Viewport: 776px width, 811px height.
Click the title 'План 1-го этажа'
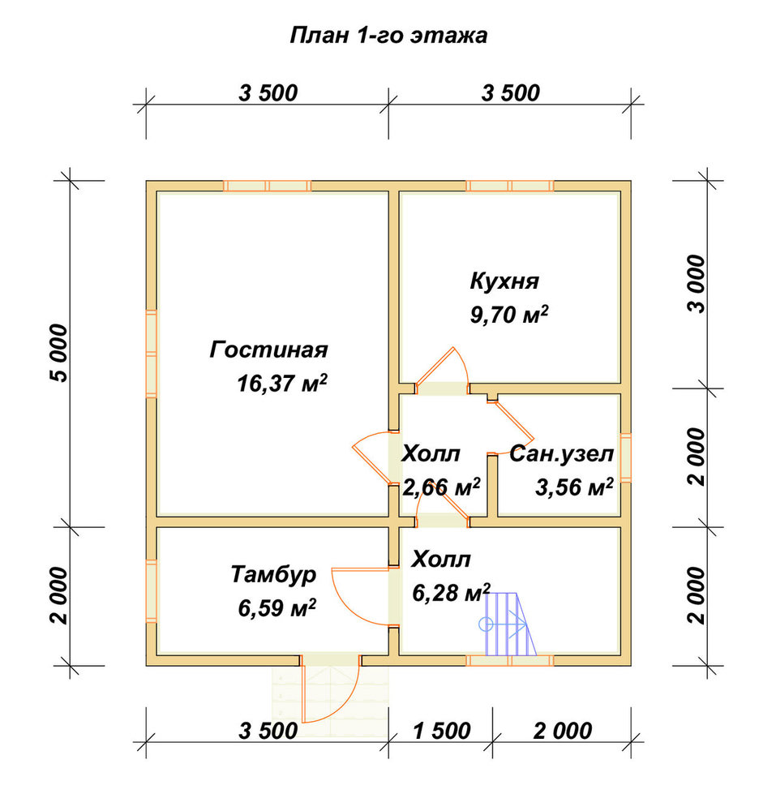[x=388, y=36]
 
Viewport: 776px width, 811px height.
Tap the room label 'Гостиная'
[x=269, y=350]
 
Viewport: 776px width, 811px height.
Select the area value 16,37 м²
[x=282, y=383]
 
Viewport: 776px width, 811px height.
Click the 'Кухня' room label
[x=504, y=281]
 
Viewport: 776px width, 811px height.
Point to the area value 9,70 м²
[x=509, y=314]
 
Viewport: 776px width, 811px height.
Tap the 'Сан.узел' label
[x=561, y=453]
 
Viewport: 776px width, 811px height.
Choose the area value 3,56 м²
[x=574, y=487]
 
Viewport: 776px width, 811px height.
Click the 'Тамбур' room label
[x=273, y=574]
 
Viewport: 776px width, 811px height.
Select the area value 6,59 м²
[x=277, y=607]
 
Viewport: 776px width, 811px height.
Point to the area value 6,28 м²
[x=452, y=592]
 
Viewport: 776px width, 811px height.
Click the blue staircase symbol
[x=508, y=624]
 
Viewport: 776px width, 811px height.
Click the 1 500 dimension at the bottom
[x=441, y=731]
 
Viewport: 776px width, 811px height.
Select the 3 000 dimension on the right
[x=697, y=284]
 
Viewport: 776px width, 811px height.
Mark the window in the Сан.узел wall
[x=625, y=457]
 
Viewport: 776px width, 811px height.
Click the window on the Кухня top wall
[x=510, y=187]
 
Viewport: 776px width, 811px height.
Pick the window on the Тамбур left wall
[x=152, y=591]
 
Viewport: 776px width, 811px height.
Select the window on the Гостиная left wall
[x=152, y=354]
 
